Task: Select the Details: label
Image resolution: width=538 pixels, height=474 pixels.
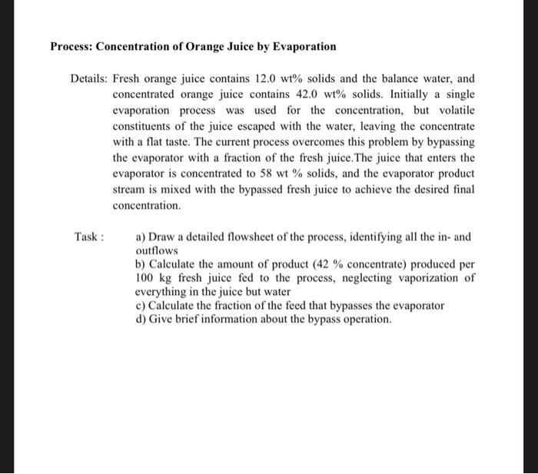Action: pyautogui.click(x=89, y=79)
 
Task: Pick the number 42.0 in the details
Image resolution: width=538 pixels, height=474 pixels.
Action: pyautogui.click(x=293, y=94)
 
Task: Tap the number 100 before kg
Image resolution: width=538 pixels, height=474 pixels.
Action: pyautogui.click(x=145, y=277)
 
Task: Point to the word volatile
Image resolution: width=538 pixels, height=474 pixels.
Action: pyautogui.click(x=454, y=111)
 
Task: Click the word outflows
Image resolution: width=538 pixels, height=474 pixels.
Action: pyautogui.click(x=156, y=251)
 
